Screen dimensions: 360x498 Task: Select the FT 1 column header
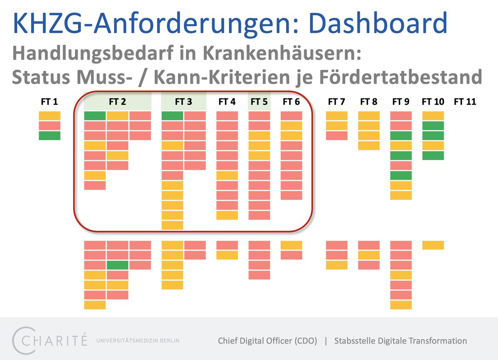point(49,102)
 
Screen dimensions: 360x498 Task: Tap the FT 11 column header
point(465,102)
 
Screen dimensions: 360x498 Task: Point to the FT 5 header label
point(259,102)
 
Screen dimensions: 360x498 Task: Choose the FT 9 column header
point(401,102)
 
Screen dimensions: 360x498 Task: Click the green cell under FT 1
point(49,136)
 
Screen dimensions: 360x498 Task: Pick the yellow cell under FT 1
point(49,116)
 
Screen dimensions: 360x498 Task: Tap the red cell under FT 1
point(49,126)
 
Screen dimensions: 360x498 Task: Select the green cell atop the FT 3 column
point(172,116)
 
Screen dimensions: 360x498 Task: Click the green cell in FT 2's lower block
point(117,265)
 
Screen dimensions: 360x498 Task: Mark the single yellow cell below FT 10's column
point(433,245)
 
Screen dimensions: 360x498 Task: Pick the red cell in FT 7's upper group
point(337,136)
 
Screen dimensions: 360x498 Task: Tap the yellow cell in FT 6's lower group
point(291,245)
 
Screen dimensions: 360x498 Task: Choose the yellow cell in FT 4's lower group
point(227,255)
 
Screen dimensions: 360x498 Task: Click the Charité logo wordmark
point(50,341)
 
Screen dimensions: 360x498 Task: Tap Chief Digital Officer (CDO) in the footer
point(268,341)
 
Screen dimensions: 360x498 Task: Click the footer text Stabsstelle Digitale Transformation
point(400,341)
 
